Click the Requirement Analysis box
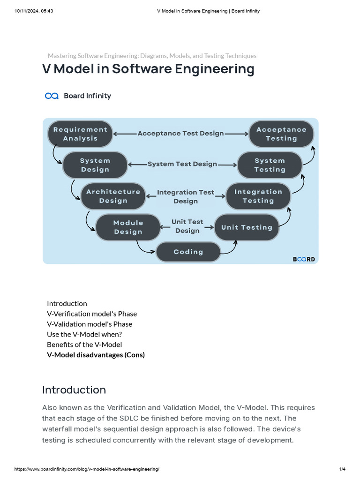click(x=80, y=134)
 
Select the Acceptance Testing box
click(x=281, y=134)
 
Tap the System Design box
click(x=95, y=165)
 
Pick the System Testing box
click(x=270, y=165)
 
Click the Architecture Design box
click(x=113, y=196)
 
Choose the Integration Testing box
click(x=258, y=196)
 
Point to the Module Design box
click(x=128, y=227)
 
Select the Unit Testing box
click(x=247, y=227)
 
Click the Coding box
click(x=188, y=252)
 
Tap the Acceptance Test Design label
click(x=180, y=134)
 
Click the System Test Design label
click(x=182, y=164)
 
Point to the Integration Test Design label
click(x=186, y=196)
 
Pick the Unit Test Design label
click(x=187, y=226)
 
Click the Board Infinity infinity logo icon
click(x=52, y=96)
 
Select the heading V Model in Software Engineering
click(x=148, y=69)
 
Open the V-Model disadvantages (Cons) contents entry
click(x=96, y=355)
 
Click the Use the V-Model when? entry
click(x=84, y=334)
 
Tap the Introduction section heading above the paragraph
click(x=74, y=390)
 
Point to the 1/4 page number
click(x=342, y=469)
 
